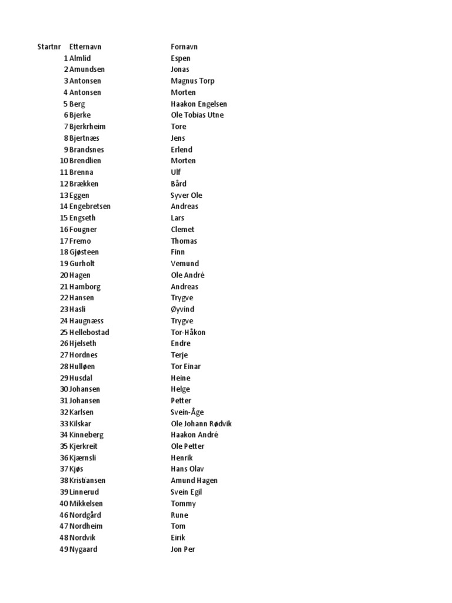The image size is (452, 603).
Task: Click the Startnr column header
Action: pyautogui.click(x=49, y=47)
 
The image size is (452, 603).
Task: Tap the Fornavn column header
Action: pyautogui.click(x=184, y=47)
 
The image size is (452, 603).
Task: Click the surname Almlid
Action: pyautogui.click(x=81, y=58)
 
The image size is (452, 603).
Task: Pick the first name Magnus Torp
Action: pyautogui.click(x=192, y=81)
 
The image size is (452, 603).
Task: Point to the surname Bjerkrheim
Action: pyautogui.click(x=88, y=127)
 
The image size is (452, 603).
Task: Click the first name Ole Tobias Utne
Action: pyautogui.click(x=197, y=115)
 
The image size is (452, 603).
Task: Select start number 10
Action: pyautogui.click(x=64, y=161)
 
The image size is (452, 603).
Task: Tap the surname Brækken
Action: pyautogui.click(x=84, y=184)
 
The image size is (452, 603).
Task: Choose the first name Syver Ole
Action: pyautogui.click(x=187, y=195)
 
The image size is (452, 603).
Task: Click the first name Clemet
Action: pyautogui.click(x=182, y=230)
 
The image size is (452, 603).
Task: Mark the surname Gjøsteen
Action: pyautogui.click(x=84, y=252)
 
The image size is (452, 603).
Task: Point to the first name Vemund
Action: pyautogui.click(x=185, y=264)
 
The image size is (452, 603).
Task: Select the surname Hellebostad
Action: pyautogui.click(x=89, y=332)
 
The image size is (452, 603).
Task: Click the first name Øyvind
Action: pyautogui.click(x=182, y=309)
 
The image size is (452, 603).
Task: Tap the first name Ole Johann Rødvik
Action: pyautogui.click(x=201, y=424)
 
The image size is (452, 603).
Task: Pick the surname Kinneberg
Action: pyautogui.click(x=87, y=435)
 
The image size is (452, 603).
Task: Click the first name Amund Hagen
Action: pyautogui.click(x=194, y=481)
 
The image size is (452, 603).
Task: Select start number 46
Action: pyautogui.click(x=64, y=515)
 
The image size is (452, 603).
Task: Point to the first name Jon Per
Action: pyautogui.click(x=183, y=549)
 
